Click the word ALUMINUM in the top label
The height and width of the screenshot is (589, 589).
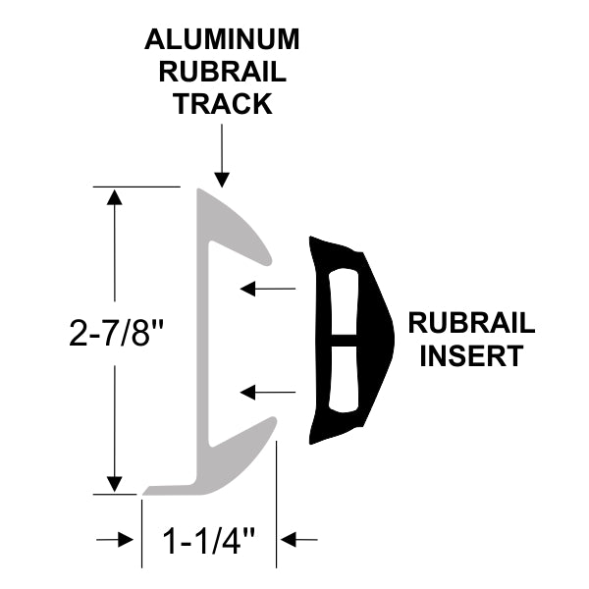[222, 40]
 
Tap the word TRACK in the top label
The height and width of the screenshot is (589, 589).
[222, 104]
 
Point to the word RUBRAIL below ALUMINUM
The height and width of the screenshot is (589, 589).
[222, 73]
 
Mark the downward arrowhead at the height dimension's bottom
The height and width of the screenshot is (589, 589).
[116, 482]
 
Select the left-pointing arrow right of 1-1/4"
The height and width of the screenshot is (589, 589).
[300, 539]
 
